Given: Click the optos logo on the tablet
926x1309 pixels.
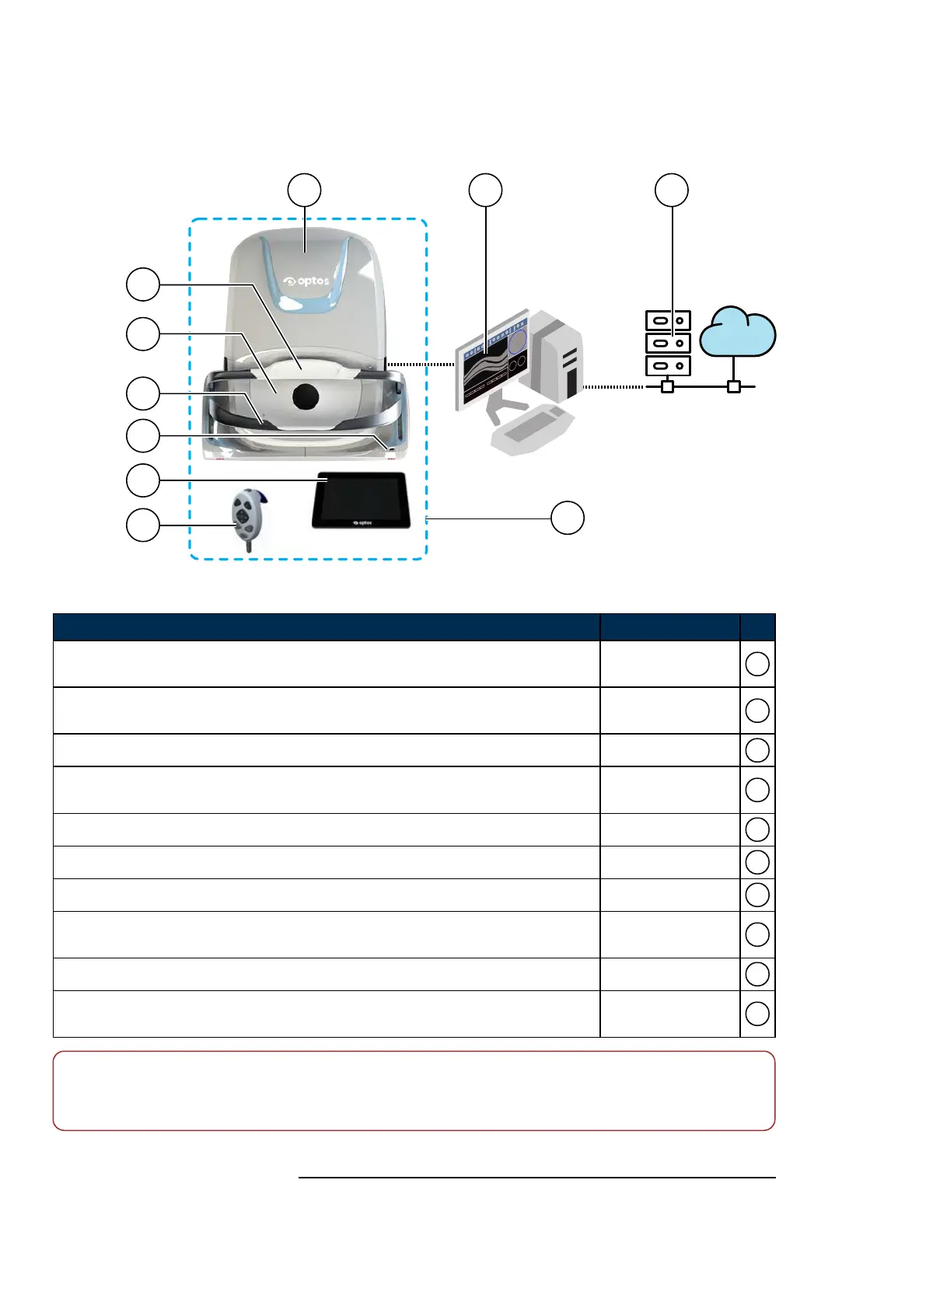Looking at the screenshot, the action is click(x=362, y=523).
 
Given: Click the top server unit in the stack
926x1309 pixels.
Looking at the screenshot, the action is click(x=668, y=320).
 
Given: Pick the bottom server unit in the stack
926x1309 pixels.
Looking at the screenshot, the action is click(x=668, y=365).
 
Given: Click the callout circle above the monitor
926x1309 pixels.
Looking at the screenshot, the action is click(x=486, y=190).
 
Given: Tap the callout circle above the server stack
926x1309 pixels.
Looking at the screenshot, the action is click(x=672, y=190).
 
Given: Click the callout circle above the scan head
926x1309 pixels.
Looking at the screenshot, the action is click(x=305, y=190).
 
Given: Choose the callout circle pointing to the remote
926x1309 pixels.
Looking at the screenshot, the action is click(x=143, y=525).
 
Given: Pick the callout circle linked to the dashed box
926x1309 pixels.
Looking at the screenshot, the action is click(x=568, y=518).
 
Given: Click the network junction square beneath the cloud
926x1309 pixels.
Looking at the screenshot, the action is click(x=733, y=386).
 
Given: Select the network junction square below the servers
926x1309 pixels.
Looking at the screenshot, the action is click(x=667, y=386).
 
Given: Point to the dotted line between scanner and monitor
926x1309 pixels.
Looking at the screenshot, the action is click(x=420, y=364).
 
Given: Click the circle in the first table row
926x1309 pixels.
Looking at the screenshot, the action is click(x=757, y=664).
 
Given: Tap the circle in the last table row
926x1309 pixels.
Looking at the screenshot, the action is click(x=757, y=1014).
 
